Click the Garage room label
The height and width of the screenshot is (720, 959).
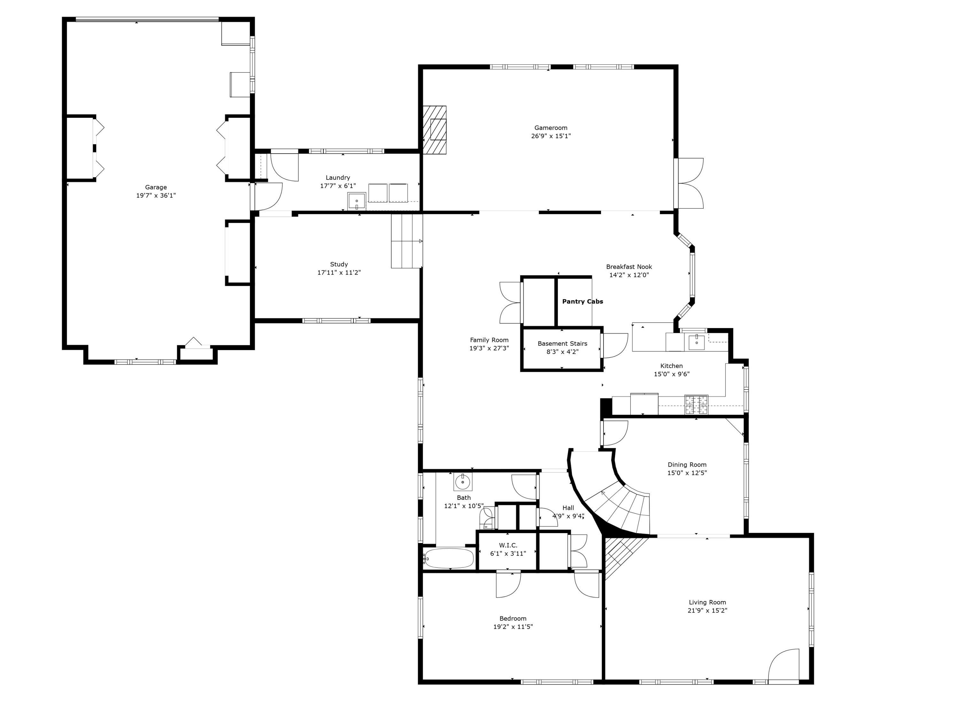[x=156, y=187]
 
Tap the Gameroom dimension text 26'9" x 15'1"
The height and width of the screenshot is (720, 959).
[x=550, y=136]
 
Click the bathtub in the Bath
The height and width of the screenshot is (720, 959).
[x=449, y=558]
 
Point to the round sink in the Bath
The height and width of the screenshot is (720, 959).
[x=463, y=482]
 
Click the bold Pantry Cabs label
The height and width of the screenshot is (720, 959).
[x=582, y=301]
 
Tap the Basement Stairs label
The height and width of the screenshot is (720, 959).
[x=562, y=343]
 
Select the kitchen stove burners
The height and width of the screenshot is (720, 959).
[x=696, y=404]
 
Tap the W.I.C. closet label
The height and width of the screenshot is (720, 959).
[x=508, y=545]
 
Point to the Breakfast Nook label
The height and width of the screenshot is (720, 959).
[x=629, y=267]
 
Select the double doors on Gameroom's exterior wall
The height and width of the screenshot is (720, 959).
[x=689, y=183]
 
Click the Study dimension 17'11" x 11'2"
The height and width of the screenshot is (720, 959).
[x=339, y=273]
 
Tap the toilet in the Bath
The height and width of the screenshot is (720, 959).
[x=487, y=518]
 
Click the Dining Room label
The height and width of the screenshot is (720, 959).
[x=687, y=464]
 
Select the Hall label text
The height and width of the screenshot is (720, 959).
[x=568, y=508]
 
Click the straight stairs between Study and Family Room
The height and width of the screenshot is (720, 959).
[x=407, y=241]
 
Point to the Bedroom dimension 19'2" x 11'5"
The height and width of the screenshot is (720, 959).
[x=513, y=627]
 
